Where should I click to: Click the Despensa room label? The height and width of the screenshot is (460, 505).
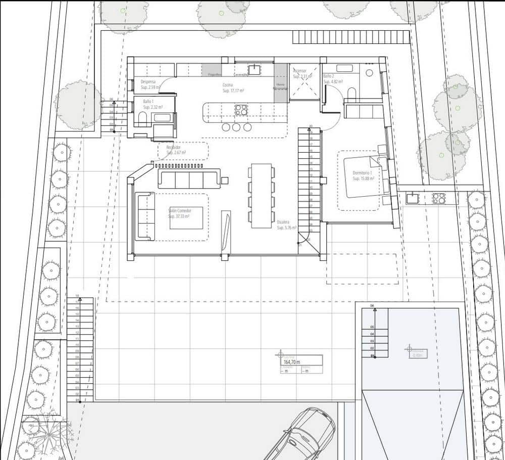[148, 81]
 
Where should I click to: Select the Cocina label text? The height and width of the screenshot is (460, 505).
[228, 85]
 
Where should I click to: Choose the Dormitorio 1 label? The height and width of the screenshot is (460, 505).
[362, 173]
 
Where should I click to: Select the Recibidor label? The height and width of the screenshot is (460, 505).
[174, 147]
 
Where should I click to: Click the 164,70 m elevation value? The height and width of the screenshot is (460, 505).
[292, 362]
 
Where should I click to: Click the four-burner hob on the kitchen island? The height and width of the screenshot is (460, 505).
[241, 109]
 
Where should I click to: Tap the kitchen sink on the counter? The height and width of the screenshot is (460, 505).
[254, 69]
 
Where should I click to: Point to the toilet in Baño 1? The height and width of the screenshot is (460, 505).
[142, 119]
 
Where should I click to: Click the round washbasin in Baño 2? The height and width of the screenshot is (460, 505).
[369, 72]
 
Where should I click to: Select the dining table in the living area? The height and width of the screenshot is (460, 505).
[261, 195]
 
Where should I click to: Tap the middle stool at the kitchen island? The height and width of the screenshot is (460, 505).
[236, 127]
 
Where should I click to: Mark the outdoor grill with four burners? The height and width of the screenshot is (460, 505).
[438, 198]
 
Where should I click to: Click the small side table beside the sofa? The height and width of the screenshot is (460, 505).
[224, 180]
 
